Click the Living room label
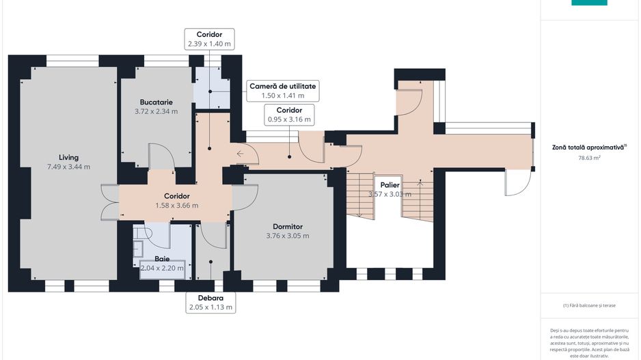pyautogui.click(x=68, y=157)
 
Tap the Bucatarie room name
pyautogui.click(x=156, y=102)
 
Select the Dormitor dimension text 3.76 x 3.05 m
pyautogui.click(x=288, y=236)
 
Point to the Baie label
pyautogui.click(x=162, y=259)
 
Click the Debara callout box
pyautogui.click(x=210, y=303)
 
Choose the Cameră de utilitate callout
pyautogui.click(x=283, y=91)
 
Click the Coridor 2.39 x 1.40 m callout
pyautogui.click(x=209, y=39)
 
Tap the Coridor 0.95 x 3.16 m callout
pyautogui.click(x=290, y=115)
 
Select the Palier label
pyautogui.click(x=390, y=185)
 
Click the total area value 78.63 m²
pyautogui.click(x=589, y=158)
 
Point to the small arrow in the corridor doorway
pyautogui.click(x=240, y=154)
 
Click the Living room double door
pyautogui.click(x=109, y=202)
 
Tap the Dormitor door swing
pyautogui.click(x=245, y=198)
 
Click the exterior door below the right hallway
pyautogui.click(x=519, y=182)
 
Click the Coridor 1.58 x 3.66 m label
pyautogui.click(x=177, y=201)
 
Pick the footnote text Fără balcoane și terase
pyautogui.click(x=589, y=305)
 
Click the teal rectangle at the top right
pyautogui.click(x=589, y=3)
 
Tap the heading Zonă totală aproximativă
pyautogui.click(x=589, y=147)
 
